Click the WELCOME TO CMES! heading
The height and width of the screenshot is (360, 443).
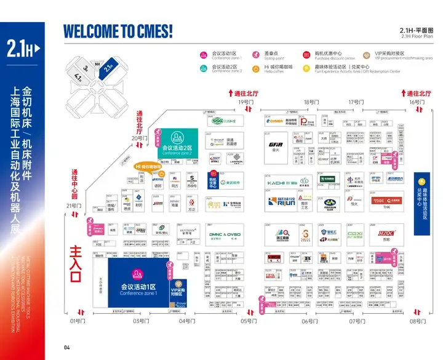point(118,30)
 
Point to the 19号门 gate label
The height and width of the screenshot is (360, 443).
point(245,102)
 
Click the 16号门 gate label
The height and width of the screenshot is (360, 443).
point(417,102)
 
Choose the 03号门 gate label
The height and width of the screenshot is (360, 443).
point(141,321)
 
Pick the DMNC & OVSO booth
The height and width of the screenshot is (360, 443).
point(225,234)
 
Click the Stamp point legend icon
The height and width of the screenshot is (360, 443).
point(258,55)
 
